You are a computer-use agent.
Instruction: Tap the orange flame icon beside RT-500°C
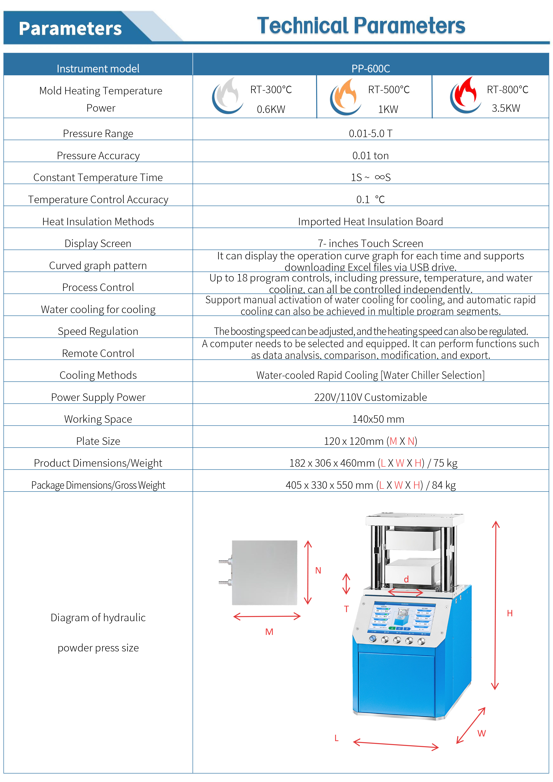click(345, 96)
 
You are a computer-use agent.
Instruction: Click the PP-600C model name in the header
click(371, 69)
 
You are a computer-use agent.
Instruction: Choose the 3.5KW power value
click(506, 108)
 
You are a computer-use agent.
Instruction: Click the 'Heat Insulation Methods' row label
click(98, 222)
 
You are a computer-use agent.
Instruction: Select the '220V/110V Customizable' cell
click(371, 397)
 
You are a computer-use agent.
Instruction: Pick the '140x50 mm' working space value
click(378, 419)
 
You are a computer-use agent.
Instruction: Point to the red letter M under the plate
click(269, 632)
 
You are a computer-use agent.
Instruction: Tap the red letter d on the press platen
click(406, 579)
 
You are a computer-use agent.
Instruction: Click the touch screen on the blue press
click(402, 618)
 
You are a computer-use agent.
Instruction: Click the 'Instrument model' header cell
click(98, 69)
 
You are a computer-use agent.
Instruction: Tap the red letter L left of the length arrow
click(336, 738)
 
